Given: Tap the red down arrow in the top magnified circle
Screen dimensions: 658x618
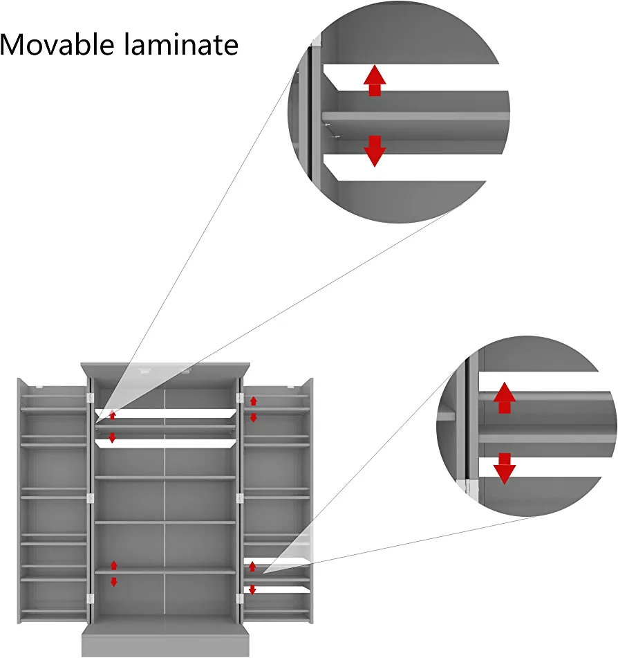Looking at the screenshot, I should [375, 151].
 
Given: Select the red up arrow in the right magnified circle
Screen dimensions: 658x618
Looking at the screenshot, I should [505, 398].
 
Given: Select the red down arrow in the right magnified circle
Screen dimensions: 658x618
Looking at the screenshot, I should [505, 468].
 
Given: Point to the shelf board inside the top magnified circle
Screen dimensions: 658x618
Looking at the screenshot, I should [415, 116].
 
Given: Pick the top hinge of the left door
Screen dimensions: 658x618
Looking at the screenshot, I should [90, 398].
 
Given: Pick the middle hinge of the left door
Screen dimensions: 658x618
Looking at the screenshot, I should [90, 497].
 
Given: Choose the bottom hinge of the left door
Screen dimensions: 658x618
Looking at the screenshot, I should [90, 598].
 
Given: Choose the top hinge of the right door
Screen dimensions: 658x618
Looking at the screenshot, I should [240, 398].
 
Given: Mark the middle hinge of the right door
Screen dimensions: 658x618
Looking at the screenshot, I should [240, 497].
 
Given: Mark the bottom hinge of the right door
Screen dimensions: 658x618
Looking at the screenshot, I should [240, 598].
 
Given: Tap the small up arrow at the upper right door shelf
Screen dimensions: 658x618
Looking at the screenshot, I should [253, 401].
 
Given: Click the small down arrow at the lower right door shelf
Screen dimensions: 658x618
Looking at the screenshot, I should [252, 590].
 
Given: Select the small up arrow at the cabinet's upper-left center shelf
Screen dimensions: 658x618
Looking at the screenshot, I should [113, 415].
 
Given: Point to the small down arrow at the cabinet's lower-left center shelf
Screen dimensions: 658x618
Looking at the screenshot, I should [114, 582].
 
